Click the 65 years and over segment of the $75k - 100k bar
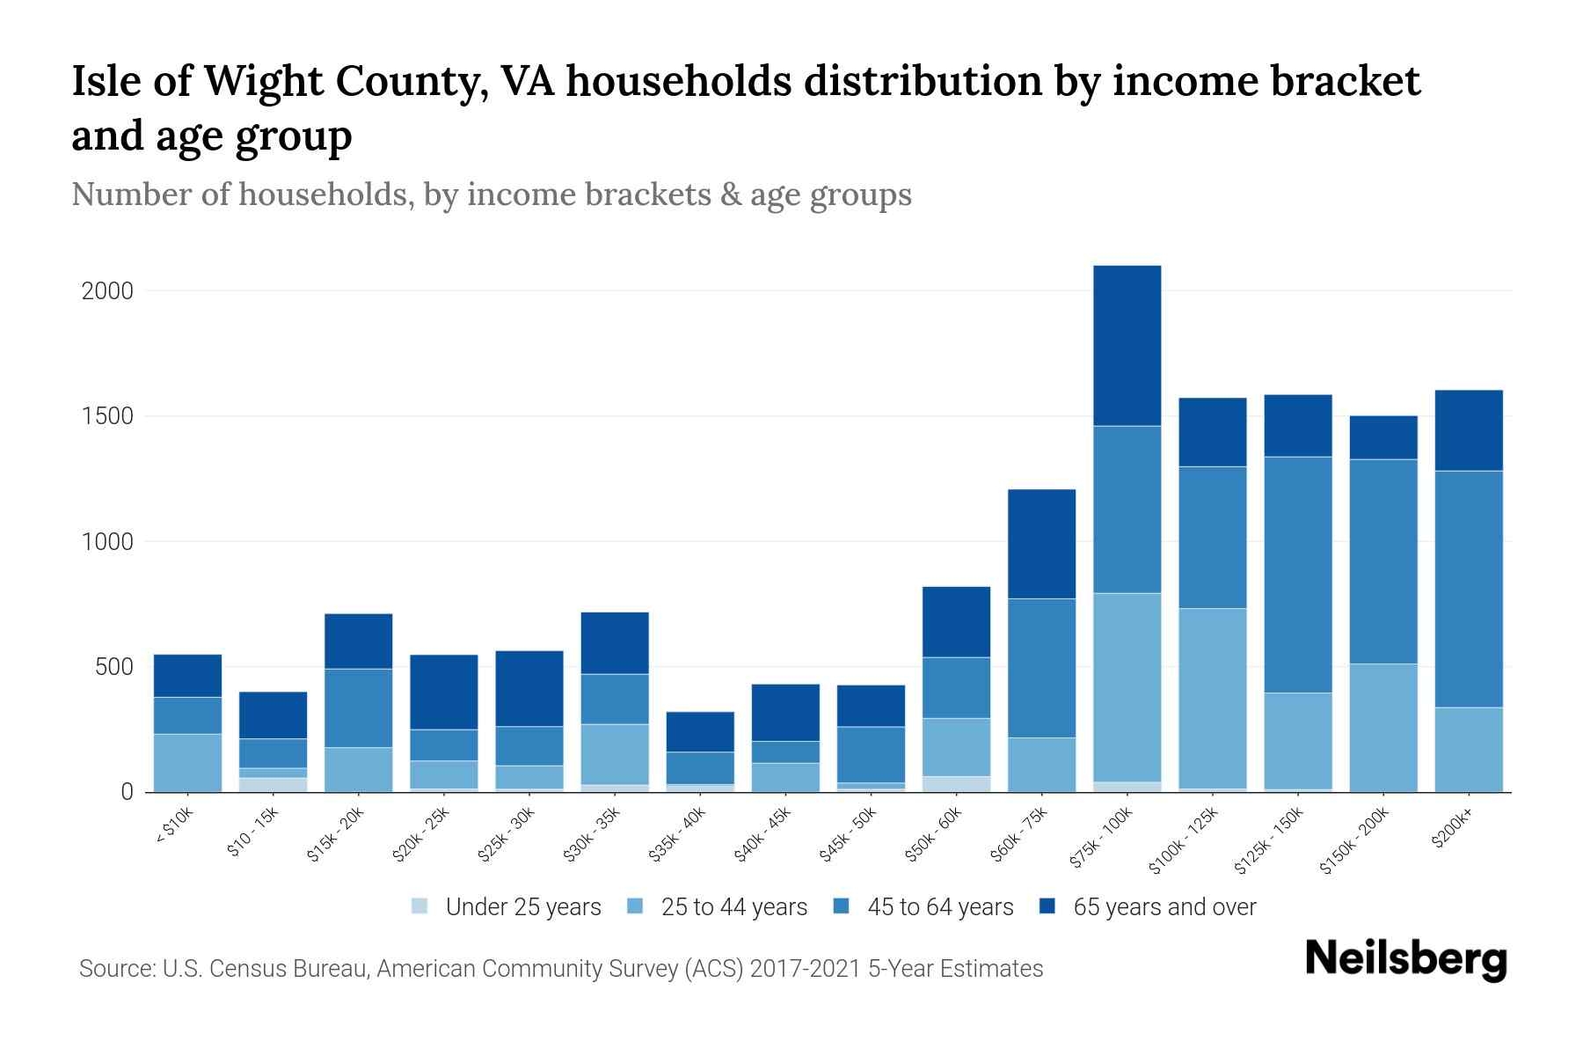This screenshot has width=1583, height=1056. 1127,345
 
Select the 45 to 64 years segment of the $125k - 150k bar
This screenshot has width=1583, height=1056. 1298,574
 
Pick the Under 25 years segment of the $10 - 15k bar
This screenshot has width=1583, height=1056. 273,784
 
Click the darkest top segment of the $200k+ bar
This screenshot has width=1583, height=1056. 1469,429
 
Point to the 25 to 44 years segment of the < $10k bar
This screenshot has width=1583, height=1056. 187,762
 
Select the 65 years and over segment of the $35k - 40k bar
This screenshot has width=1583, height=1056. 700,731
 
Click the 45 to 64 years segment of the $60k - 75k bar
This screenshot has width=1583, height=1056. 1041,667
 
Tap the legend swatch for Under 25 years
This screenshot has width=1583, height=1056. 420,906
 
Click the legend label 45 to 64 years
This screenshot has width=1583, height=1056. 940,906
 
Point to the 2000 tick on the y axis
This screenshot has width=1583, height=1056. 107,290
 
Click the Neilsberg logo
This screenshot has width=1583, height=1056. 1405,959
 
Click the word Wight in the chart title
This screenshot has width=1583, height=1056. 270,82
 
